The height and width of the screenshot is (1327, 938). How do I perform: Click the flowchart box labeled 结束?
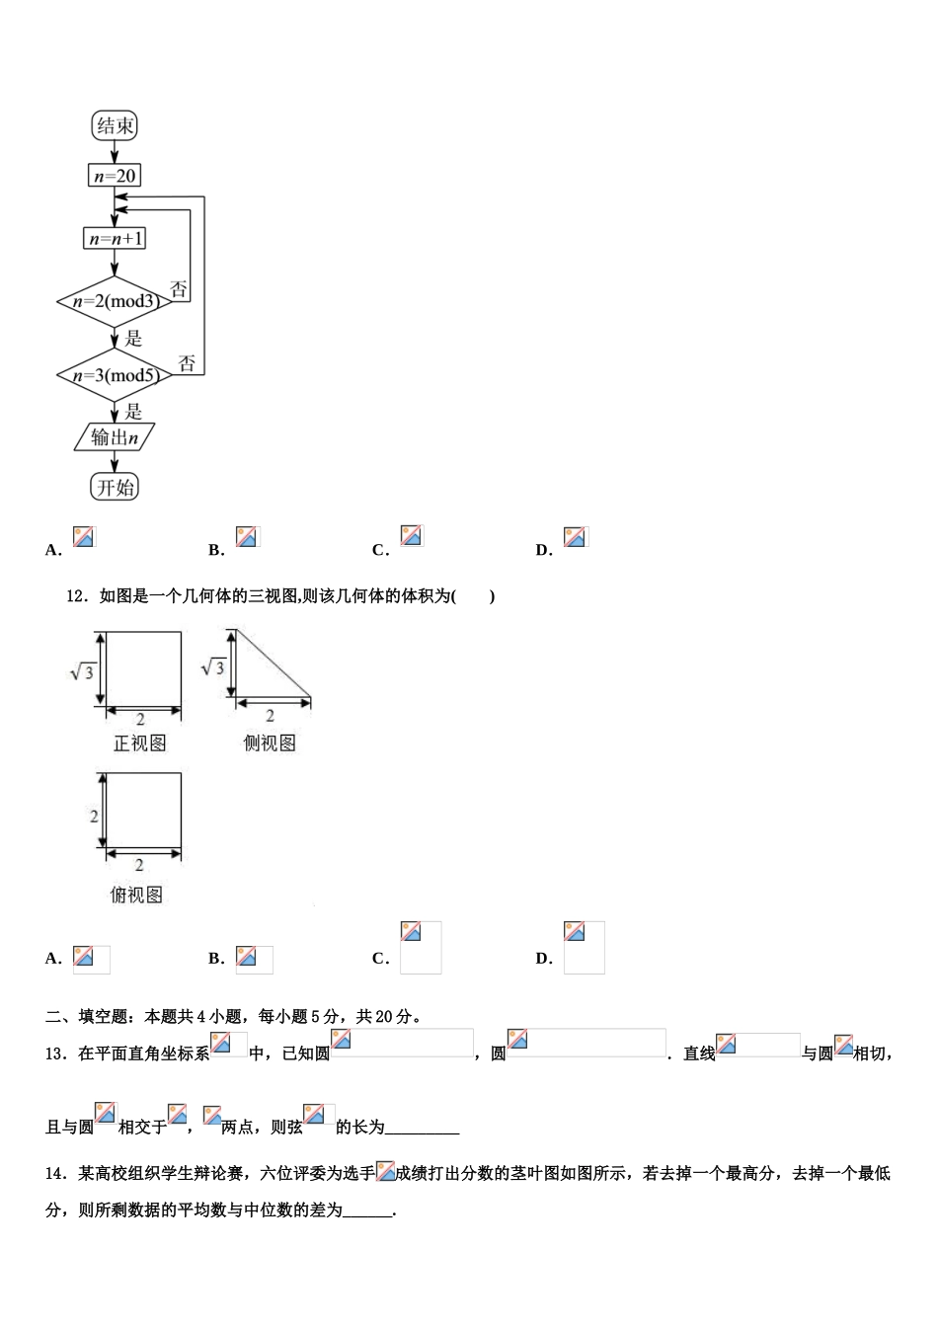(115, 125)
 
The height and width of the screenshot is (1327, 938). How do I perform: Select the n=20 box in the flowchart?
(115, 176)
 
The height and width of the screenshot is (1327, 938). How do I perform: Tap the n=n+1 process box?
(115, 238)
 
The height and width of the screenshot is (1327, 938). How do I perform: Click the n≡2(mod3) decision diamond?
(115, 300)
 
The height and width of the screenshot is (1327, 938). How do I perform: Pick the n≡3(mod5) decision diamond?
(115, 374)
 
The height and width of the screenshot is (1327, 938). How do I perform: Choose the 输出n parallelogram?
(115, 436)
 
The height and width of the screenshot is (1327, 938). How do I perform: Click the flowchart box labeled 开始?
(115, 487)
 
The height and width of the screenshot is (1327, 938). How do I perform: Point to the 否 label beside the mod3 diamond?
(179, 289)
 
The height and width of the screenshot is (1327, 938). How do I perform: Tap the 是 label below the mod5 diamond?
(133, 411)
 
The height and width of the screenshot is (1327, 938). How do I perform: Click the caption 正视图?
(139, 742)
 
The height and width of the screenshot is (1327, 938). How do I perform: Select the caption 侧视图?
(270, 742)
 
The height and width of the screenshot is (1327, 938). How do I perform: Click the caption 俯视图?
(136, 895)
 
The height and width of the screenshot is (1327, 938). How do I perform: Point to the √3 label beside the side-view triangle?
(213, 668)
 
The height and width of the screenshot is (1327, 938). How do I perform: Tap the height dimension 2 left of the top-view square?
(94, 817)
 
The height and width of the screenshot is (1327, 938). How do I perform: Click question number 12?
(76, 595)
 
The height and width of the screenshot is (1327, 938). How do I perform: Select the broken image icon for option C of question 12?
(411, 931)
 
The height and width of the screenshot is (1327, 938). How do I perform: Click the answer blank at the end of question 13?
(422, 1128)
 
